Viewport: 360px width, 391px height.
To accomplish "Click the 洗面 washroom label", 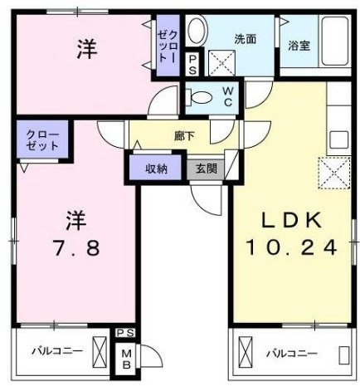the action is pyautogui.click(x=245, y=39).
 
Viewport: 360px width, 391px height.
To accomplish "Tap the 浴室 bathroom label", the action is pyautogui.click(x=299, y=46).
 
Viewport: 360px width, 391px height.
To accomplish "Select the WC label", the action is pyautogui.click(x=227, y=96).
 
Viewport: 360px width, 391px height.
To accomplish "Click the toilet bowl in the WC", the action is pyautogui.click(x=199, y=97).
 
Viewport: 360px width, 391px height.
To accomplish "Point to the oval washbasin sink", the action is pyautogui.click(x=197, y=31).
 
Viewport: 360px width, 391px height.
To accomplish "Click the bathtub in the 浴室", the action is pyautogui.click(x=335, y=41).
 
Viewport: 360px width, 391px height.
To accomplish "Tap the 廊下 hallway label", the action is pyautogui.click(x=184, y=136).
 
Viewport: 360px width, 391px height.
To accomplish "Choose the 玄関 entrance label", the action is pyautogui.click(x=207, y=169).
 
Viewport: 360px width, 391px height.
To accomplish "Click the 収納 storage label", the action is pyautogui.click(x=157, y=169).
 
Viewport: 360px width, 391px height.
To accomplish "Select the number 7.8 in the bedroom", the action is pyautogui.click(x=76, y=248).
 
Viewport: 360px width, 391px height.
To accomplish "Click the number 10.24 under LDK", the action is pyautogui.click(x=292, y=247).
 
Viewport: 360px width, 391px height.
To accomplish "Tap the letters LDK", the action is pyautogui.click(x=292, y=220).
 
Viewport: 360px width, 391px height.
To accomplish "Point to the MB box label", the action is pyautogui.click(x=126, y=359).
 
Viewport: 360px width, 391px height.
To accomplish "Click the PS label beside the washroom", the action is pyautogui.click(x=192, y=65).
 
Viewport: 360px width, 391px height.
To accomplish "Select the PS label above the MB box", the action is pyautogui.click(x=125, y=333).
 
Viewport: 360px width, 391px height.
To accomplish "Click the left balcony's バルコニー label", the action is pyautogui.click(x=57, y=351).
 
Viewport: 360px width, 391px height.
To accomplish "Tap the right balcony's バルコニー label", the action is pyautogui.click(x=292, y=354).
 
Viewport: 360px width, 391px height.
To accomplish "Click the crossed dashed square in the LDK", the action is pyautogui.click(x=334, y=173).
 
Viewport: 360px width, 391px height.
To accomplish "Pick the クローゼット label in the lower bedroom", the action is pyautogui.click(x=43, y=140).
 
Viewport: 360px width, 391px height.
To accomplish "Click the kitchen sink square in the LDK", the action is pyautogui.click(x=339, y=139).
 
